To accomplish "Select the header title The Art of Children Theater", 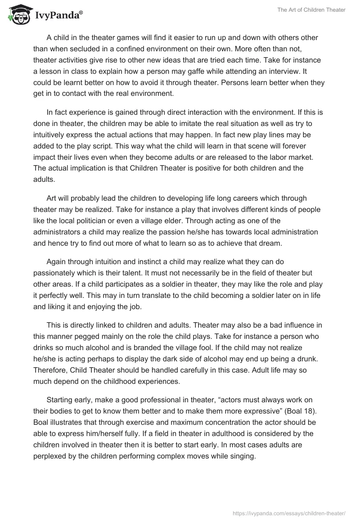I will (311, 10).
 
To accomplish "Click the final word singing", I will (242, 456).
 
